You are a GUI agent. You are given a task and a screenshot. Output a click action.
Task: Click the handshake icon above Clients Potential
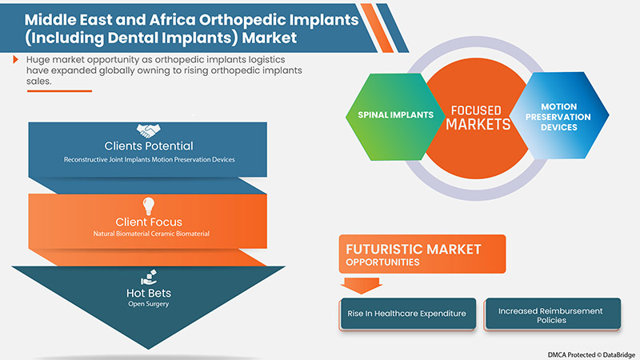tap(148, 130)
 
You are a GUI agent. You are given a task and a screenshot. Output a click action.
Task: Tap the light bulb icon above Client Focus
tap(148, 206)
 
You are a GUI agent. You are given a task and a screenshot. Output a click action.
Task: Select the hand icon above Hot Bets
tap(149, 277)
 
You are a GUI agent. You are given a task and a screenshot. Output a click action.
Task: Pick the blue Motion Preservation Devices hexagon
tap(559, 116)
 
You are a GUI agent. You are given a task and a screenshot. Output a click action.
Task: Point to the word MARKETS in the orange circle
tap(478, 124)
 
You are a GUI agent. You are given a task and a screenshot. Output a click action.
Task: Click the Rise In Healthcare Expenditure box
tap(407, 314)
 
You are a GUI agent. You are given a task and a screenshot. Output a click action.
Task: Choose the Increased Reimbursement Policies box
tap(552, 314)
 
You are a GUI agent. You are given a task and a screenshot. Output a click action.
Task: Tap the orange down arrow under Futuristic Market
tap(362, 286)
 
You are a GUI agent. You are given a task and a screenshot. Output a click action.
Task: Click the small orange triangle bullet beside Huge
tap(15, 59)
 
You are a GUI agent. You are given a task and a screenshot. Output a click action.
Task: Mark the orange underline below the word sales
tap(59, 91)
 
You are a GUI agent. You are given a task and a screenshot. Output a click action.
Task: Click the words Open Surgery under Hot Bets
tap(149, 304)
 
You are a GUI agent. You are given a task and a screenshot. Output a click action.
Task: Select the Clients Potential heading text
tap(149, 146)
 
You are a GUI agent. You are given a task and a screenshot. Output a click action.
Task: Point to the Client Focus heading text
tap(149, 222)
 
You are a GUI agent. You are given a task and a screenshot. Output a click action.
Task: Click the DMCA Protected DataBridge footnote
tap(591, 354)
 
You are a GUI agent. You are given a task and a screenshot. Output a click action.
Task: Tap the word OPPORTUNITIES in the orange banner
tap(382, 262)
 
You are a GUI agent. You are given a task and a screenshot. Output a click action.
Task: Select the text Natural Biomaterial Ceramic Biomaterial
tap(151, 234)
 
